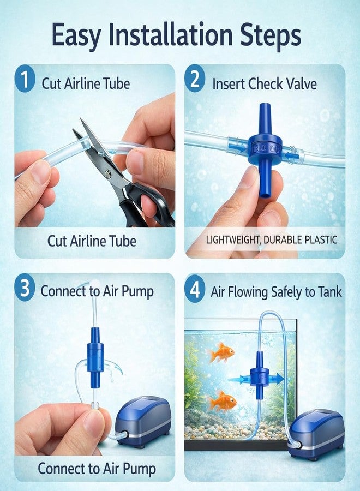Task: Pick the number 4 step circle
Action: click(195, 289)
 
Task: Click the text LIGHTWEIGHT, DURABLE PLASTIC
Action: click(272, 239)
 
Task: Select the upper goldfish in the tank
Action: click(221, 353)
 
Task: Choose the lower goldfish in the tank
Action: click(223, 402)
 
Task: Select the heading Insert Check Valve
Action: click(264, 84)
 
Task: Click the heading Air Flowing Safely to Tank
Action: click(276, 291)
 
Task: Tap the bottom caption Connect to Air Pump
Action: click(97, 468)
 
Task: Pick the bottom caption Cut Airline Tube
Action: click(92, 241)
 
